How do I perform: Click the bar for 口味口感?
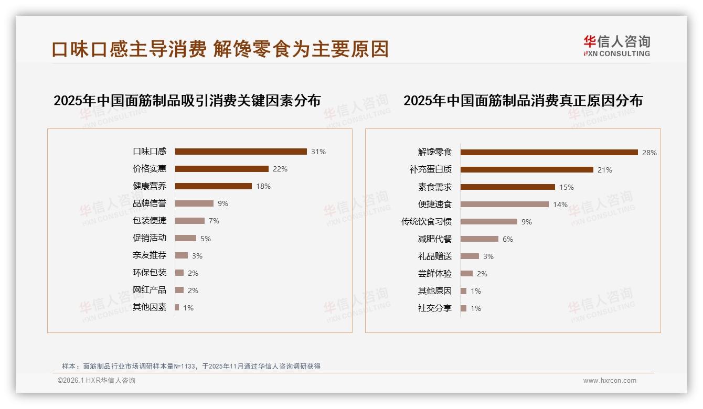pos(241,152)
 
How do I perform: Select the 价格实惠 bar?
pos(221,169)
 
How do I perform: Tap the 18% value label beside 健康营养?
pos(263,186)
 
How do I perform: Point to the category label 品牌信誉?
pos(150,203)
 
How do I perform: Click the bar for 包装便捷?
pos(190,221)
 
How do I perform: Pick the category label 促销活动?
pos(150,238)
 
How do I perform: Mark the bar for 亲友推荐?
pos(182,255)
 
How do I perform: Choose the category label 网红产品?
pos(150,290)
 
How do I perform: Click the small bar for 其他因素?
pos(177,307)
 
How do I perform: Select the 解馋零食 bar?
pos(549,153)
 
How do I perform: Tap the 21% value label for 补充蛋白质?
pos(605,170)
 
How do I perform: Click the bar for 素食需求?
pos(508,187)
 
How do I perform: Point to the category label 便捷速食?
pos(435,204)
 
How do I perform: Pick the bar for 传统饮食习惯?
pos(489,222)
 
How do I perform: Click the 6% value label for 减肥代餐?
pos(508,239)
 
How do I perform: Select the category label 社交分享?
pos(435,308)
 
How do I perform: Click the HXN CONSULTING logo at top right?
pos(617,46)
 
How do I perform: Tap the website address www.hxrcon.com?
pos(610,381)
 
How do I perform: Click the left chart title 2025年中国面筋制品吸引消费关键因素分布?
pos(187,101)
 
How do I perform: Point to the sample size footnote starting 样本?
pos(191,367)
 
